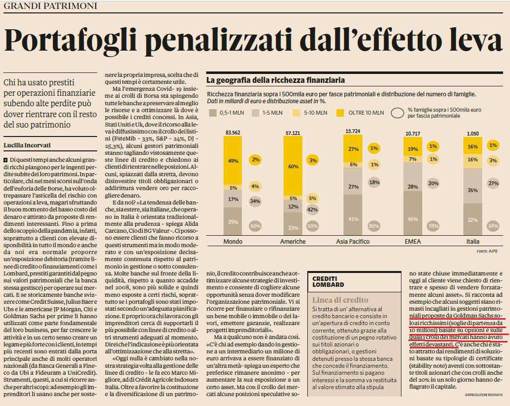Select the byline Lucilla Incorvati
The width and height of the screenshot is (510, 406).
point(27,145)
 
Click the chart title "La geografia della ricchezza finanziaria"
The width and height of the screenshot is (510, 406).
point(275,80)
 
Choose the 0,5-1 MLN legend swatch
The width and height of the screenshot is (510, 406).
point(213,113)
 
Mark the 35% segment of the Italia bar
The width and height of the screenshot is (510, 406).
point(473,190)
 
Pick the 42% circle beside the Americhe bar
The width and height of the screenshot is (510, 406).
point(313,209)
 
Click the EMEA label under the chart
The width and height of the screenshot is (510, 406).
point(412,241)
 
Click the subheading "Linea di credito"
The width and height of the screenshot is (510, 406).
point(340,300)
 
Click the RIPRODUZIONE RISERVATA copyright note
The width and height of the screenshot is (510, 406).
point(484,395)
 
